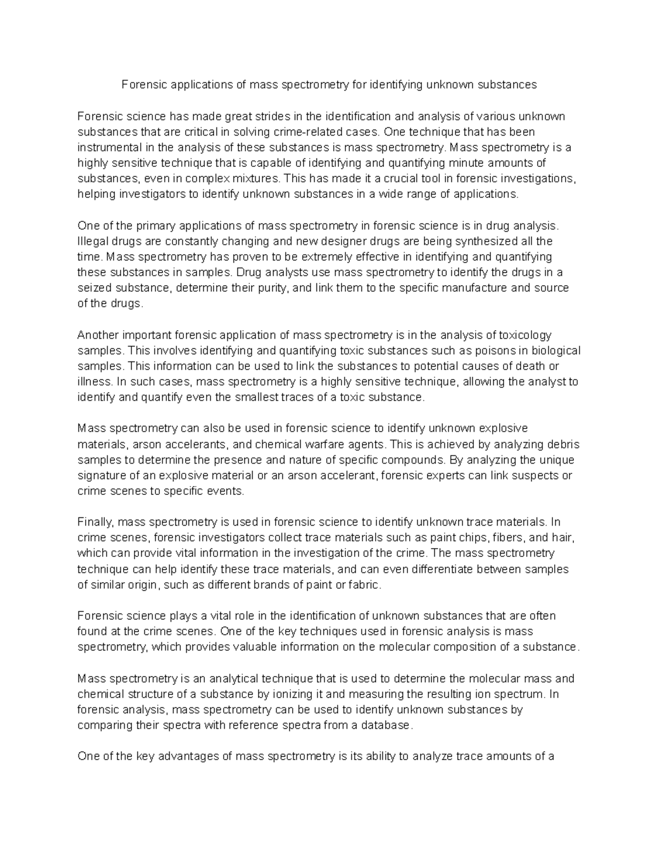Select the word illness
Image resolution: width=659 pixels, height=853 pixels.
(x=95, y=382)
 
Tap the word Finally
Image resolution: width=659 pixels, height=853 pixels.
(x=96, y=522)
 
